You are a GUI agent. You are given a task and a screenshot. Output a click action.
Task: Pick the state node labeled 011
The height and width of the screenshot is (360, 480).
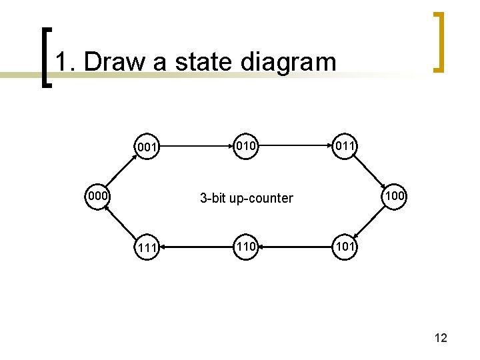pos(345,145)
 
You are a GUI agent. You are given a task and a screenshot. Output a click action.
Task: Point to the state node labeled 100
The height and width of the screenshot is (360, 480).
pos(395,196)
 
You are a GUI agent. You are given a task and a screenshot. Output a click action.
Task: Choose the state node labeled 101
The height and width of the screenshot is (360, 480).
pos(345,247)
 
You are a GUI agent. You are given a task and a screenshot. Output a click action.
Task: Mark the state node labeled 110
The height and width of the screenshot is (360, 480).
pos(245,247)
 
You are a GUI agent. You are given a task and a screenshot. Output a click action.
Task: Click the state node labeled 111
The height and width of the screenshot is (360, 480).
pos(147,248)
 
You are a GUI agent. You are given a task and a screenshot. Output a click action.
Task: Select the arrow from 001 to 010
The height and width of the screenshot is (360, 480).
pos(196,144)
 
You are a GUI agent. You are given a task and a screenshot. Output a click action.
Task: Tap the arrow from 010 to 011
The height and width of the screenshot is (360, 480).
pos(295,144)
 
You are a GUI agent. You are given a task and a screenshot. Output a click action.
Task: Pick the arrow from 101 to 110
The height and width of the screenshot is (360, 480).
pos(295,247)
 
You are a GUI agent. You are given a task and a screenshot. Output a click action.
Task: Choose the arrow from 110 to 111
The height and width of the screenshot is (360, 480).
pos(196,247)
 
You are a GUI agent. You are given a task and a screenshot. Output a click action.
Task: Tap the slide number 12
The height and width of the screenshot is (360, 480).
pos(440,338)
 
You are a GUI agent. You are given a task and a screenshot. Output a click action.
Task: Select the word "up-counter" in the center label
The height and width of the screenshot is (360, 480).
pos(261,198)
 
